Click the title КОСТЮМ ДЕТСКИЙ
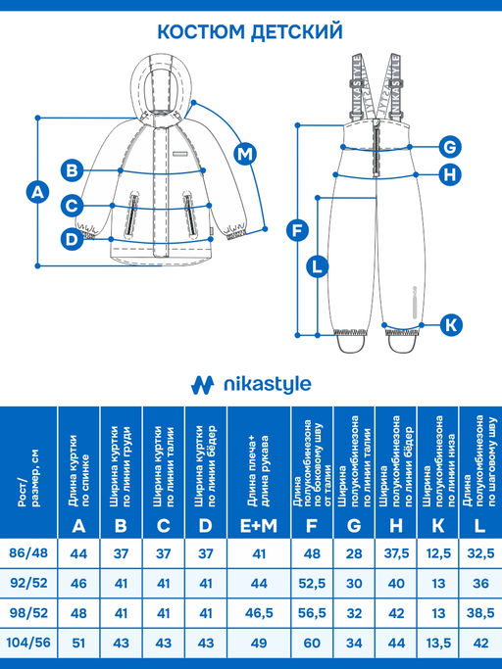(x=250, y=31)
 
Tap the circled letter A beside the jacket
(x=37, y=192)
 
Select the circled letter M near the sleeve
(x=245, y=153)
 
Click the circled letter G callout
(x=450, y=147)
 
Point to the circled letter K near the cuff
(x=451, y=324)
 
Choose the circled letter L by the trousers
(x=317, y=267)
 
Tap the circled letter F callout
(x=297, y=230)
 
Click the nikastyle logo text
(x=268, y=384)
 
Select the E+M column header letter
(x=259, y=526)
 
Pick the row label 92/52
(x=28, y=583)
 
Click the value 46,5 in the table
(x=259, y=613)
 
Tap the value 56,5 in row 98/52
(x=312, y=613)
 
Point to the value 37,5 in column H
(x=396, y=553)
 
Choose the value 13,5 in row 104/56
(x=438, y=643)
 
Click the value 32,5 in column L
(x=480, y=553)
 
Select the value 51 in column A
(x=78, y=643)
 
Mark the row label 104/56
(x=28, y=642)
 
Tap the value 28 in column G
(x=354, y=553)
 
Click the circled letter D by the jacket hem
(x=72, y=238)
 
